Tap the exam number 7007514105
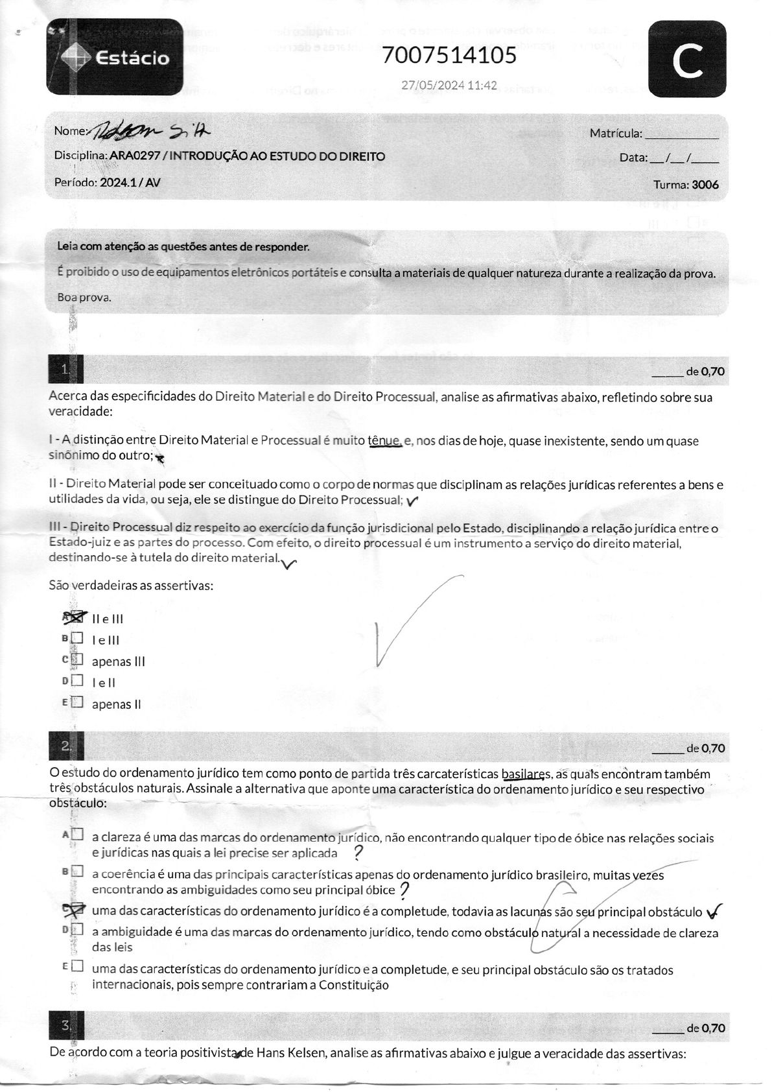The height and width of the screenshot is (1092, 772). coord(449,56)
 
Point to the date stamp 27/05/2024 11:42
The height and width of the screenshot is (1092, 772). coord(449,85)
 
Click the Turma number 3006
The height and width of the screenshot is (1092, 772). coord(705,185)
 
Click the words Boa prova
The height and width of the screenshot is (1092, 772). coord(84,298)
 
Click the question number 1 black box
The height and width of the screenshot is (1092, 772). coord(65,370)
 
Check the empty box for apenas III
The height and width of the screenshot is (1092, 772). coord(77,660)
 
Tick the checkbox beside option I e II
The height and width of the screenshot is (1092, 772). coord(77,682)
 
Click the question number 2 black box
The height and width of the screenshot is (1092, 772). coord(66,746)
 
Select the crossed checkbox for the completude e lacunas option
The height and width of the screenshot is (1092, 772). coord(75,910)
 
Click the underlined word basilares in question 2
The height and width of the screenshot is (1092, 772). coord(526,774)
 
